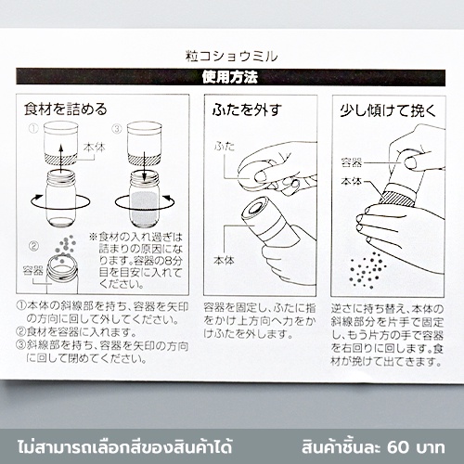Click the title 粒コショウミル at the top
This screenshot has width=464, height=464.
231,57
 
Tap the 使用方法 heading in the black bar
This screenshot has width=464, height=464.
230,77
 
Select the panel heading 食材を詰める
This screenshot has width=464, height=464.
66,110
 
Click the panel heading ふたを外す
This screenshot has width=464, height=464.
247,110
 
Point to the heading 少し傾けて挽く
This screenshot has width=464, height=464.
389,110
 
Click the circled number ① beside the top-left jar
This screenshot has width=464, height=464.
33,128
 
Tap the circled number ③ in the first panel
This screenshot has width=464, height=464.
117,128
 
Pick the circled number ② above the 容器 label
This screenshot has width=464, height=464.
33,246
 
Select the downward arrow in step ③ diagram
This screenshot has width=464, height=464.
144,164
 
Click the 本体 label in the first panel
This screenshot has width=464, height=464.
94,148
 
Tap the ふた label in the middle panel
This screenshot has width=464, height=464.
225,146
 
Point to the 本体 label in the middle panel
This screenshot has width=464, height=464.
224,261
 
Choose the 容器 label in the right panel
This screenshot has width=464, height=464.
352,162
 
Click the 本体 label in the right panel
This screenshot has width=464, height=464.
352,181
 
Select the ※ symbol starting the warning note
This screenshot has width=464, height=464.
93,238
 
